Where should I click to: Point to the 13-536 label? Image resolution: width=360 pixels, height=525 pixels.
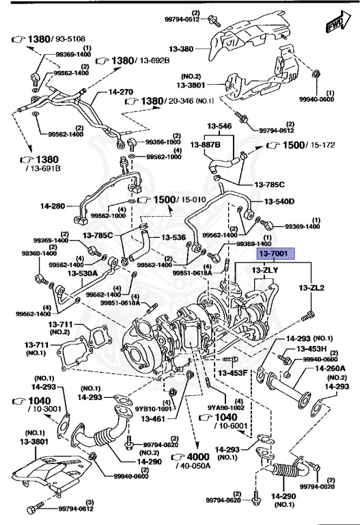pos(174,237)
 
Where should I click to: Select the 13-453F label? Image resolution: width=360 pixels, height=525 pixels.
pos(232,373)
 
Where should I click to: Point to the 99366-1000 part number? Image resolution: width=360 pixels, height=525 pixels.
pos(163,142)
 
